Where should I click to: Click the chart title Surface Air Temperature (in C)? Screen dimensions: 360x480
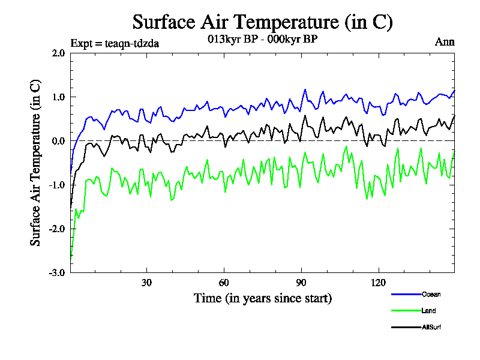(262, 22)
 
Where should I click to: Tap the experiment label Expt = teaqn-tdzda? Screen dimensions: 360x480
(115, 43)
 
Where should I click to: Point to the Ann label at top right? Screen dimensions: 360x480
(445, 42)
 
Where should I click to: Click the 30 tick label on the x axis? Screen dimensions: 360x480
(146, 283)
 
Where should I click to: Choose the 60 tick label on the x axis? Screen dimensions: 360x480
(223, 283)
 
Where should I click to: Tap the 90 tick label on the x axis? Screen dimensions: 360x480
(301, 283)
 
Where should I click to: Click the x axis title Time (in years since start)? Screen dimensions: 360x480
(262, 298)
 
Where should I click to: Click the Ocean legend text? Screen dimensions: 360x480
(431, 294)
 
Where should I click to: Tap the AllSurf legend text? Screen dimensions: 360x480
(432, 327)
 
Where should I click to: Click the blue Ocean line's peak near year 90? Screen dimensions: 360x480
(305, 89)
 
